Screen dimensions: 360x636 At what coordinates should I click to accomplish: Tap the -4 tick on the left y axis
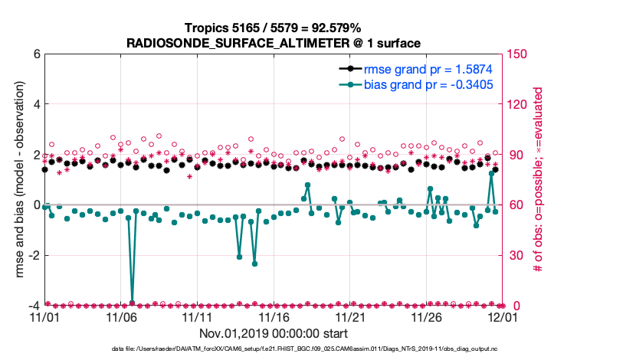pos(33,306)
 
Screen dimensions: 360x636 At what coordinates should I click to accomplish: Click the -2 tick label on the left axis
pos(33,255)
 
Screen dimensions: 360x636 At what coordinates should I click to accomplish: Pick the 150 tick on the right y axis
pos(516,54)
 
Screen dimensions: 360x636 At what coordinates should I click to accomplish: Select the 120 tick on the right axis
pos(516,104)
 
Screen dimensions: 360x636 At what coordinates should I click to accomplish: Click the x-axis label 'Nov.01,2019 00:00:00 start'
pos(274,333)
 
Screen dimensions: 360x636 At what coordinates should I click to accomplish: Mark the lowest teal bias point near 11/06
pos(132,303)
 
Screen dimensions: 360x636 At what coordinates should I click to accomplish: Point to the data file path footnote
pos(274,349)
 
